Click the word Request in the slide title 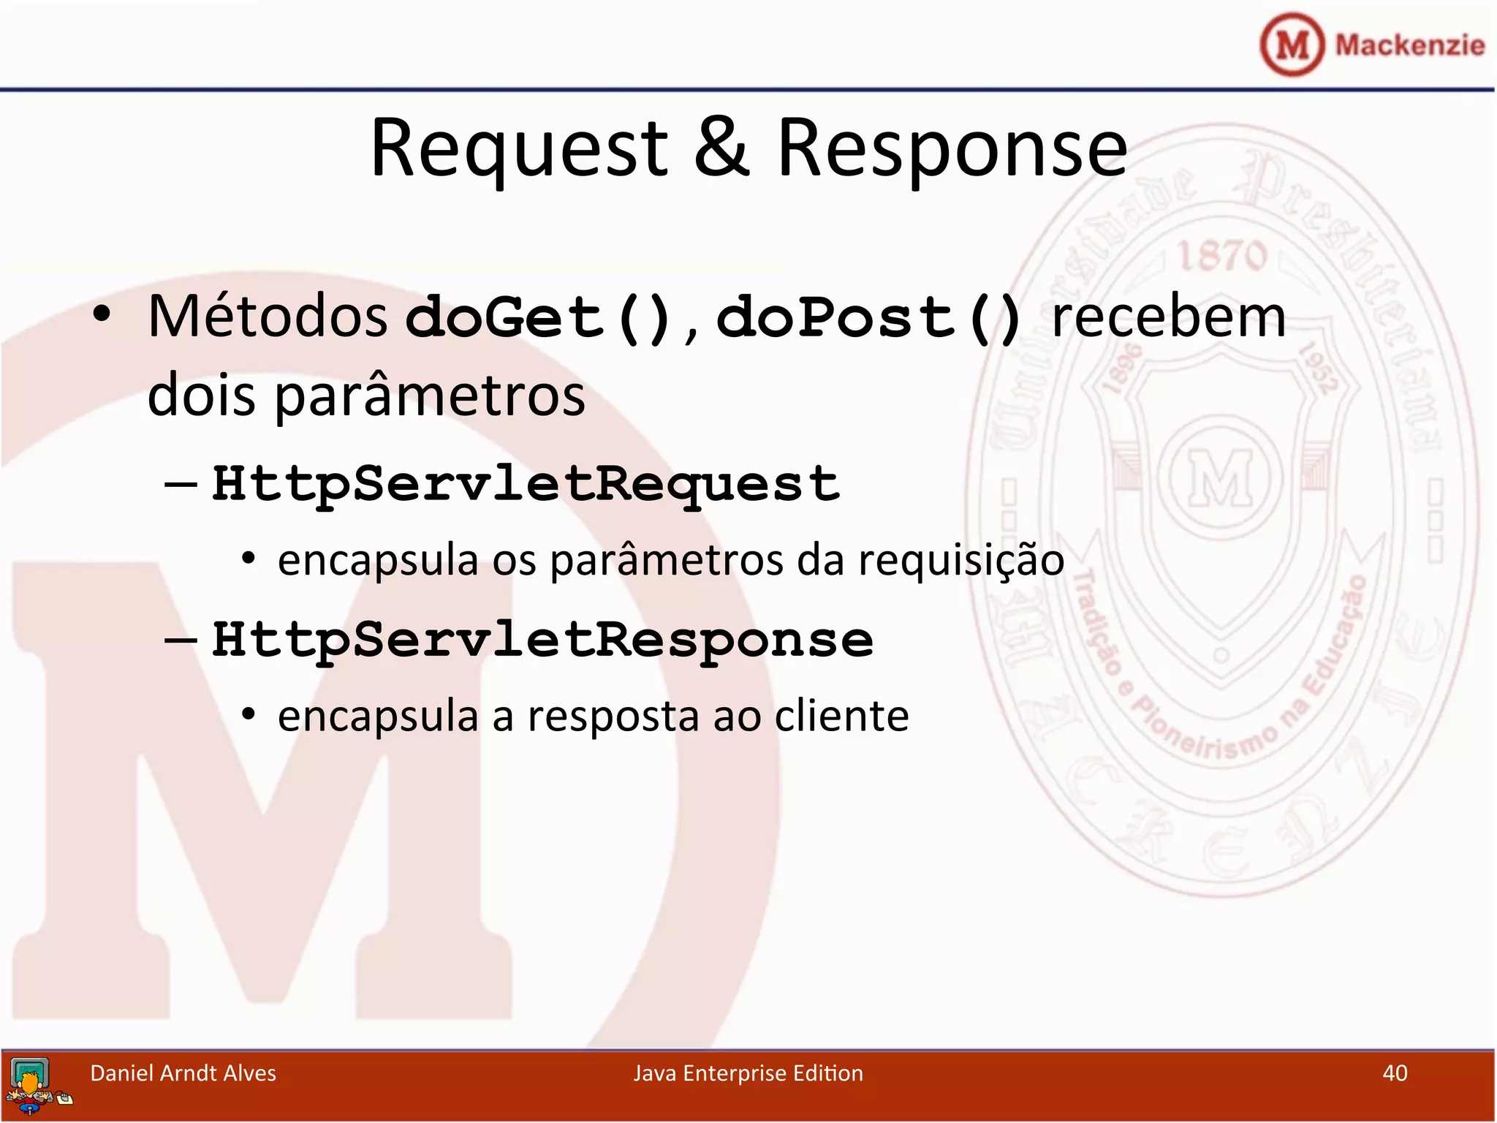(x=519, y=150)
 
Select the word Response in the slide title (x=952, y=150)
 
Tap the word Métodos (x=268, y=317)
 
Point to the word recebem (x=1168, y=317)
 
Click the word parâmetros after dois (x=430, y=396)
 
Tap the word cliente (x=841, y=716)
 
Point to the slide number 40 (x=1395, y=1073)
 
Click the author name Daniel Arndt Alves (x=183, y=1073)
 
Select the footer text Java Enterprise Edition (x=748, y=1073)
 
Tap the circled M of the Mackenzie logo (x=1292, y=45)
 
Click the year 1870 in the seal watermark (x=1222, y=256)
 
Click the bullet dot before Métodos (x=102, y=315)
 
